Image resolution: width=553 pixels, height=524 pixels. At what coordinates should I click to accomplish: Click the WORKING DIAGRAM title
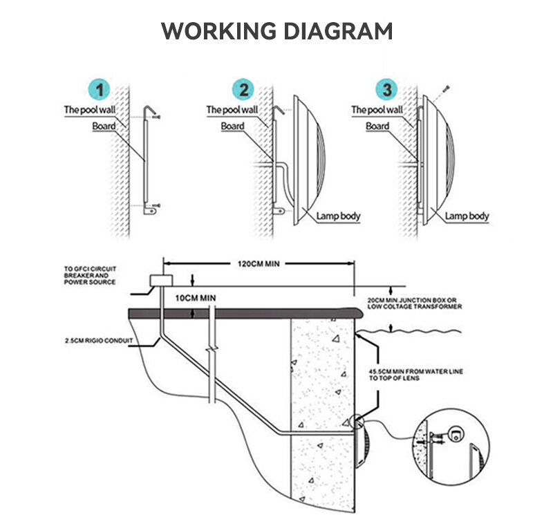point(277,31)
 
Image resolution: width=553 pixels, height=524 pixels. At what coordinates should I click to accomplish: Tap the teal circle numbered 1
point(100,90)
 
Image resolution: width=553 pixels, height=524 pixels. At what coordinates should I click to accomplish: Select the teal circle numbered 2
point(243,90)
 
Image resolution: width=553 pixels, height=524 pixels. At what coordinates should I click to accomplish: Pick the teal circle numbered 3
point(387,90)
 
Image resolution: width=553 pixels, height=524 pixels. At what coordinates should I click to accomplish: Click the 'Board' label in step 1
point(104,126)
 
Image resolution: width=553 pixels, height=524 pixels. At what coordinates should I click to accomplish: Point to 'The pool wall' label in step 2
point(232,110)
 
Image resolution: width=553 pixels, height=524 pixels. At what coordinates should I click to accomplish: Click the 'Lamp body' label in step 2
point(338,216)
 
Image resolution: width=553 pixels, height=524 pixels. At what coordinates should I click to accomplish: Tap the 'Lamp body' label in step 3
point(467,216)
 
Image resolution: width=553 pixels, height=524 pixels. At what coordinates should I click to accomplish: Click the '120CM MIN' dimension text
point(259,264)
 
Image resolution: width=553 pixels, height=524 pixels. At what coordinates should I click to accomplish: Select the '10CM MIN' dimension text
point(196,298)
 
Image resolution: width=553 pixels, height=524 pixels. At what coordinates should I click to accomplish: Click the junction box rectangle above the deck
point(161,281)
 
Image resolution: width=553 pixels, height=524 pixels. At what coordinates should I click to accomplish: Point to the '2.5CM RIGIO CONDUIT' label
point(99,341)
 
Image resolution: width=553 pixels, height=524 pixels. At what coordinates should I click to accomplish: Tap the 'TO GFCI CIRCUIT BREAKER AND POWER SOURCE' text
point(90,275)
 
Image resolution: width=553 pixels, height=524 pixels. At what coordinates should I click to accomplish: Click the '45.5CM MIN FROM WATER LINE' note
point(416,375)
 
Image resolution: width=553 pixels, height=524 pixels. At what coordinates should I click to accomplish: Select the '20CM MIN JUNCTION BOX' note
point(414,303)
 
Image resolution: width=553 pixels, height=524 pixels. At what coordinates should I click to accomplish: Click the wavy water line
point(409,331)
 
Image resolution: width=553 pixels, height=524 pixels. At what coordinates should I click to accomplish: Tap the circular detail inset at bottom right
point(451,447)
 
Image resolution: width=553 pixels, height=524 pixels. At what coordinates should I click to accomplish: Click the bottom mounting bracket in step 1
point(151,212)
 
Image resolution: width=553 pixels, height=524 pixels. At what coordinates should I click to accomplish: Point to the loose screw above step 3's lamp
point(447,88)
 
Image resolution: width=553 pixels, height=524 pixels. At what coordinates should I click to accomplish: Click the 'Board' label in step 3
point(377,126)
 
